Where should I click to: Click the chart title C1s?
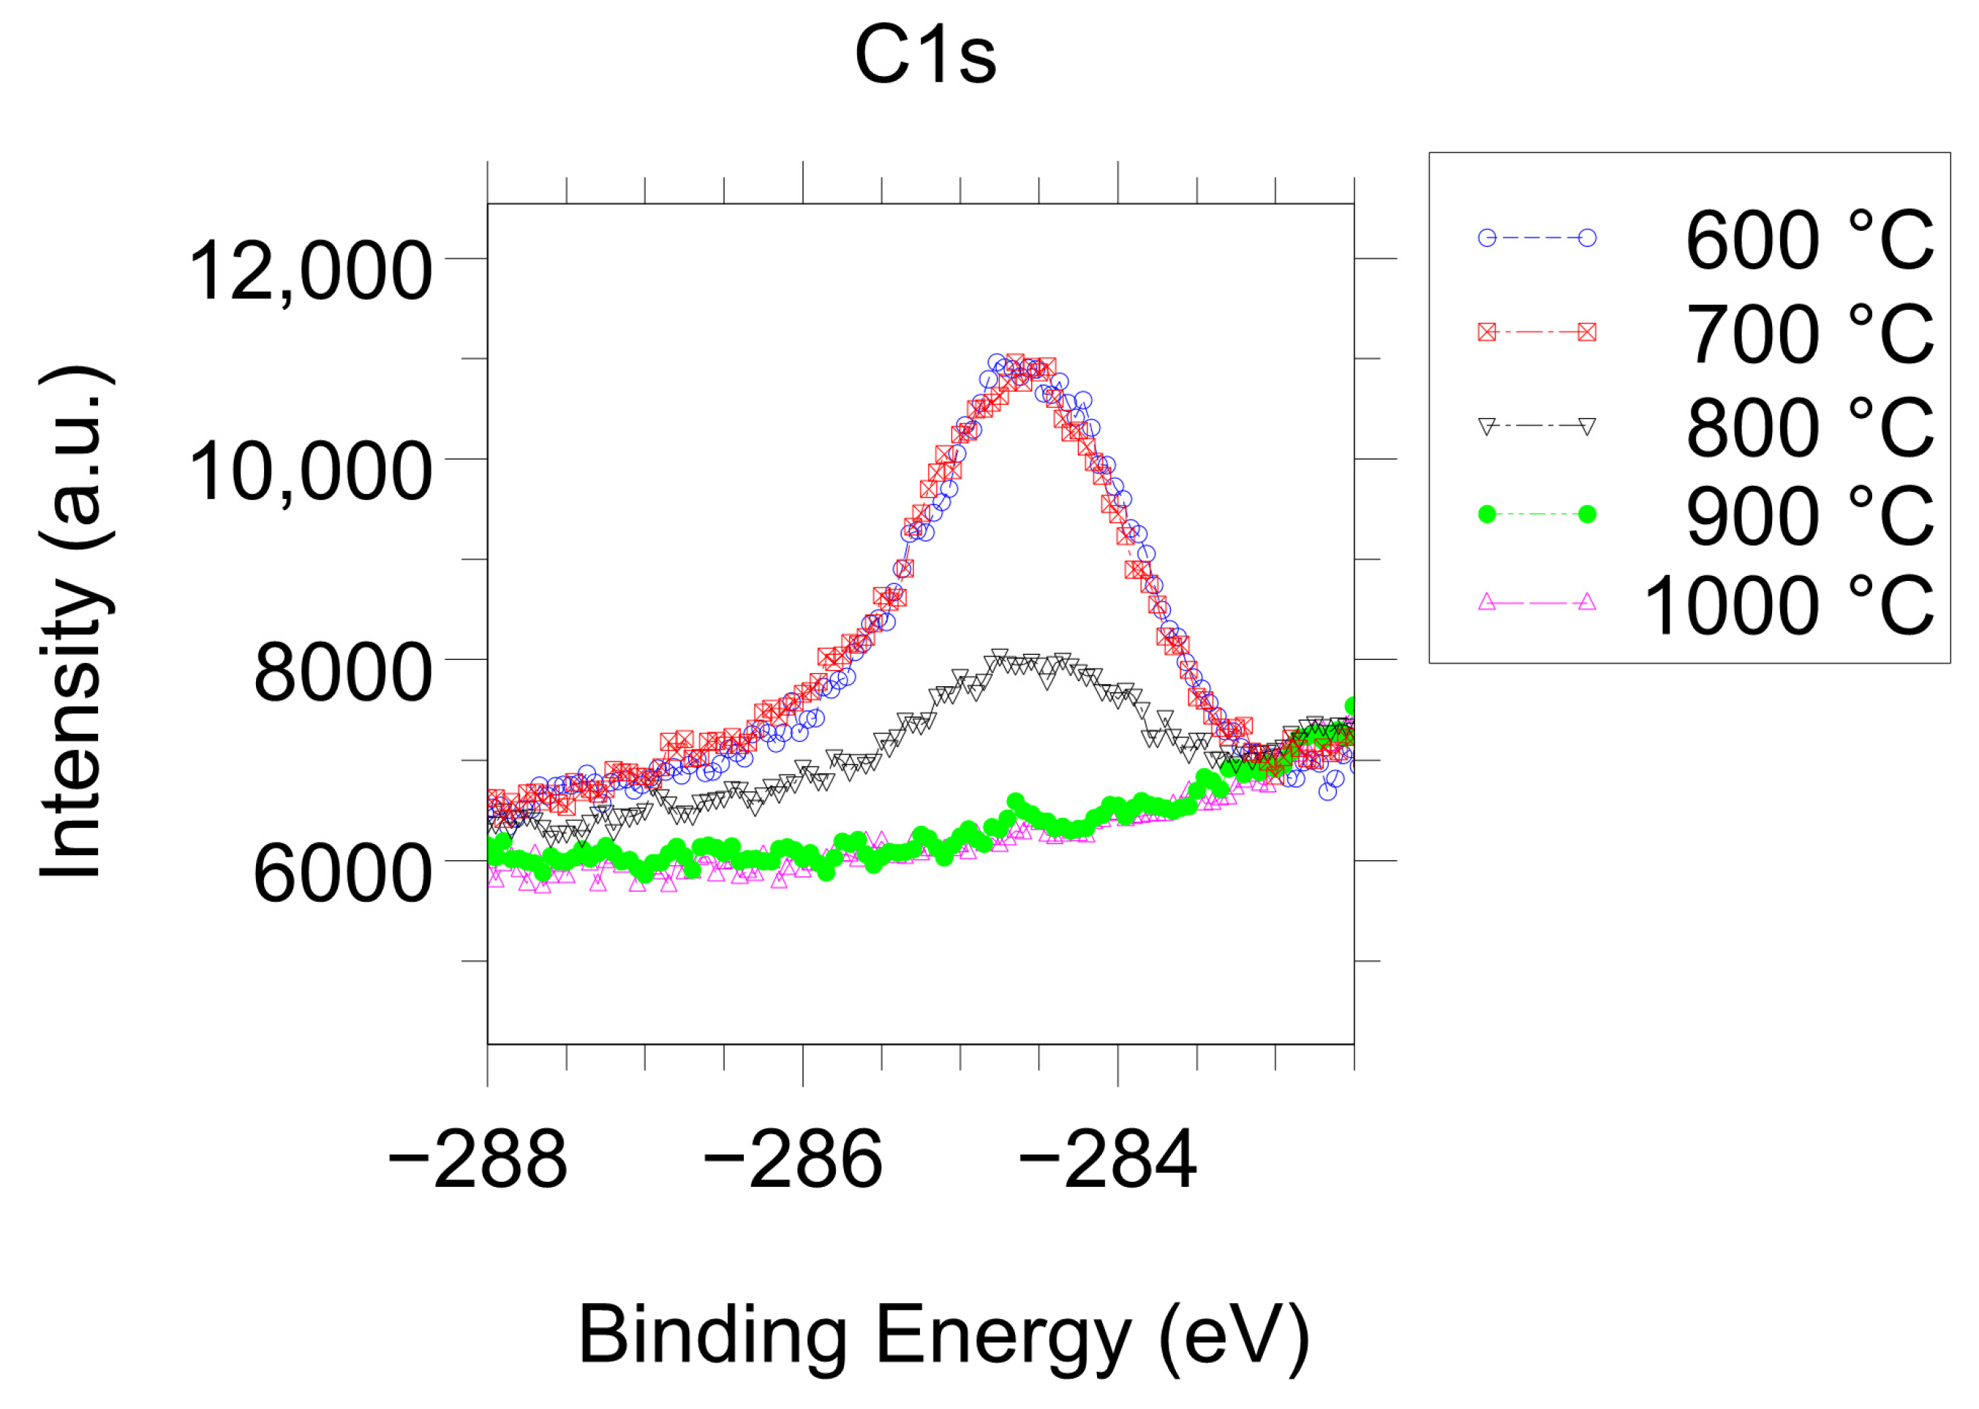(x=924, y=56)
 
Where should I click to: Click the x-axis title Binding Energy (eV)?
(x=943, y=1335)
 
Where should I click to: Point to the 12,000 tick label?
(x=310, y=272)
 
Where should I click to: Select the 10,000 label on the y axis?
(x=310, y=472)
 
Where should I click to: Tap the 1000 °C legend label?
(x=1788, y=606)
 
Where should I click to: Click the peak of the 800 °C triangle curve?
(x=999, y=656)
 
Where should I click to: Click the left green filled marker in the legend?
(x=1487, y=514)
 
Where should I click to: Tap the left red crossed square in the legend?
(x=1487, y=333)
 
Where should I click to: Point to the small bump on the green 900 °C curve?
(x=1016, y=802)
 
